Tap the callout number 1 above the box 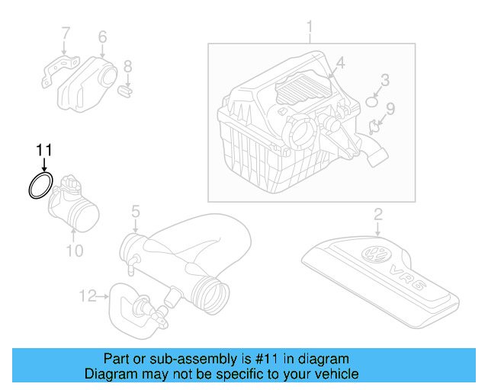pyautogui.click(x=310, y=29)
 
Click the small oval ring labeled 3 pyautogui.click(x=373, y=101)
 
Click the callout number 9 pyautogui.click(x=390, y=108)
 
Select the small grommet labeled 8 pyautogui.click(x=127, y=92)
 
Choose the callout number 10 pyautogui.click(x=74, y=250)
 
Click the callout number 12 pyautogui.click(x=89, y=294)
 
